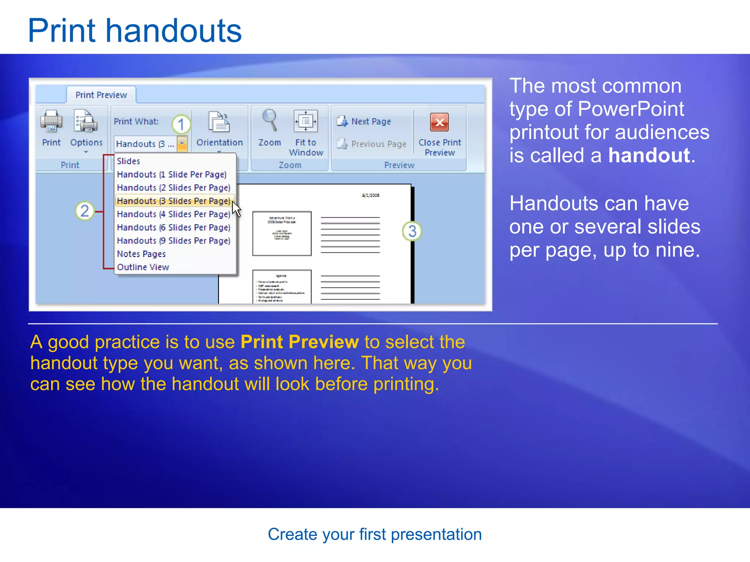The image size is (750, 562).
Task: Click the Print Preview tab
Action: [101, 95]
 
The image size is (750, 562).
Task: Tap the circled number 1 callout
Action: [181, 124]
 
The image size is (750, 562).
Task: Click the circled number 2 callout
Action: [85, 211]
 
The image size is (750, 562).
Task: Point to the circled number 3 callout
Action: [412, 231]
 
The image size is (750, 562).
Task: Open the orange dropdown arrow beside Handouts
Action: [182, 144]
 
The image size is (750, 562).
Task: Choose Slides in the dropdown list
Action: [129, 161]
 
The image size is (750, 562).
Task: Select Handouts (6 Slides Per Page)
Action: [174, 228]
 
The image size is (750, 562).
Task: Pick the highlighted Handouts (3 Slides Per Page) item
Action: [174, 201]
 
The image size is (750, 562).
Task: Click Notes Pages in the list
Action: [141, 254]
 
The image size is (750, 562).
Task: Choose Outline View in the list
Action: [143, 267]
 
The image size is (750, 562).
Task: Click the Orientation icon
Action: [219, 122]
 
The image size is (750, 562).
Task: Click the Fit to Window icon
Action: [306, 121]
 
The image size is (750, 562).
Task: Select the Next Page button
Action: [364, 121]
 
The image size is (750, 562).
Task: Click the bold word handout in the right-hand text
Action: [649, 156]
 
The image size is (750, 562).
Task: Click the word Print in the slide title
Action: [62, 31]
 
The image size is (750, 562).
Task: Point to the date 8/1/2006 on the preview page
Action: [371, 195]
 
